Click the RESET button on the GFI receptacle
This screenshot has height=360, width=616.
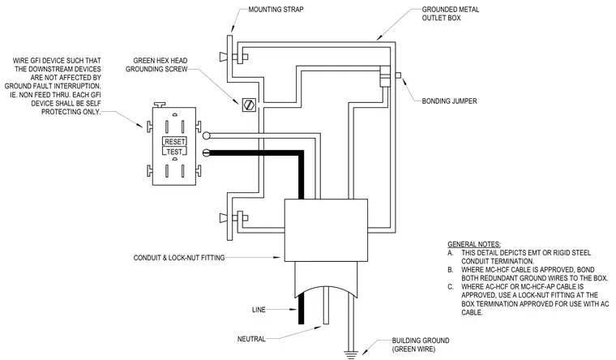(x=174, y=141)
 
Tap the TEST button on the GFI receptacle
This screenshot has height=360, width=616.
(x=174, y=152)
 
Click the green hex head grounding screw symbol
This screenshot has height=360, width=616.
(x=249, y=105)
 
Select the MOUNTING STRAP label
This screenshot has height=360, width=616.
(x=276, y=9)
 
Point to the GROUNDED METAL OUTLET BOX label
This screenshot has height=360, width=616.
(x=450, y=13)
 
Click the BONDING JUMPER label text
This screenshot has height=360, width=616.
(x=449, y=101)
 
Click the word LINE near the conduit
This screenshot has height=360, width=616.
(x=259, y=310)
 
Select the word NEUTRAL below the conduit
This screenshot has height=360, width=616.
(x=251, y=339)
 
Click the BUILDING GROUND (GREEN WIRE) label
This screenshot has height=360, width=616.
(x=421, y=345)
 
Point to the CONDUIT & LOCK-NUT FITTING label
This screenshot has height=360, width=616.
(x=179, y=258)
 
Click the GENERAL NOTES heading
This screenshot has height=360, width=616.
(x=474, y=244)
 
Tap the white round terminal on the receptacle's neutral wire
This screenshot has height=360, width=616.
(x=206, y=136)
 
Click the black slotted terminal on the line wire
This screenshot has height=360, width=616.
(x=206, y=152)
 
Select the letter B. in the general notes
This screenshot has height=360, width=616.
(x=450, y=270)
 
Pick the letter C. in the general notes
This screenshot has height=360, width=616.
(x=451, y=287)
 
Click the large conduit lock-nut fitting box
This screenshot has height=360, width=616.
(x=326, y=230)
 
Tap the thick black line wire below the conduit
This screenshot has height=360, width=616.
(x=301, y=308)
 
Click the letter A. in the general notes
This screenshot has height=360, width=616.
(x=450, y=253)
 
